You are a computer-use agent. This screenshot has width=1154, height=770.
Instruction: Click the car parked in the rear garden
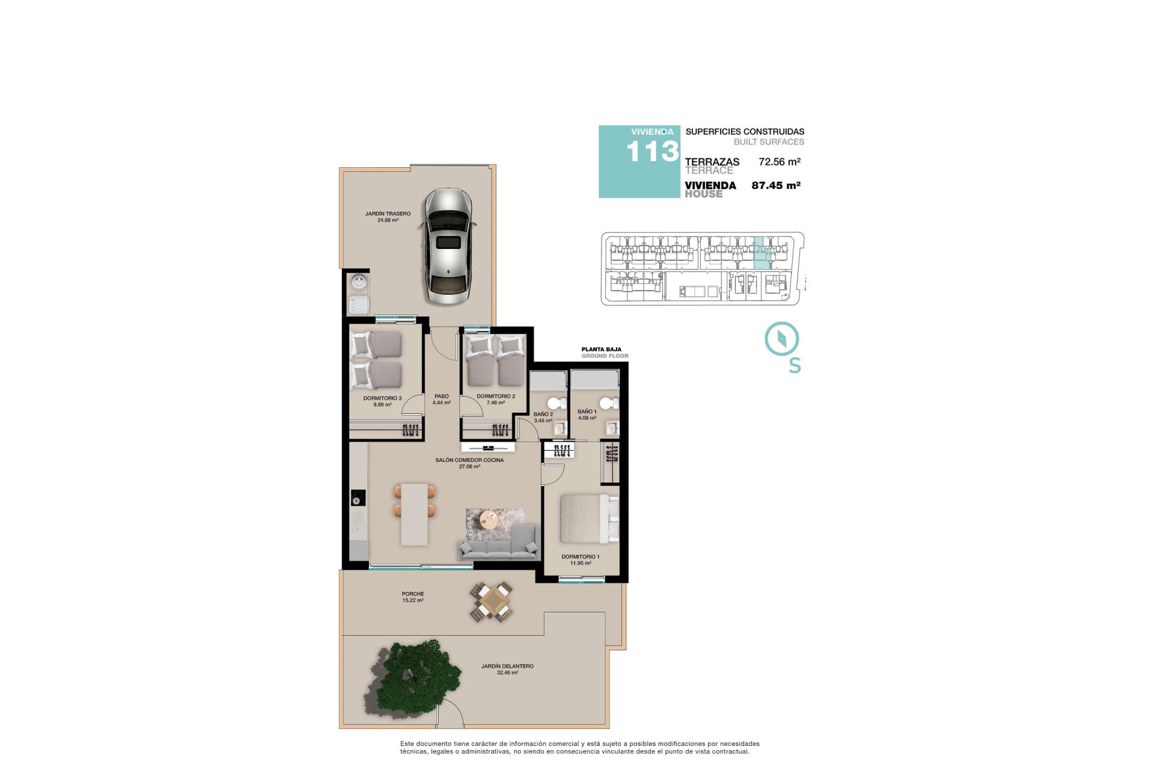tap(448, 247)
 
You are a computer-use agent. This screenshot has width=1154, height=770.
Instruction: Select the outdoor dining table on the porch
tap(492, 602)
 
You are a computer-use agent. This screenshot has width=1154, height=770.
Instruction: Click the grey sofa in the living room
tap(498, 545)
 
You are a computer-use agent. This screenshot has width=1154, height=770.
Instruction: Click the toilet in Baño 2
tap(557, 402)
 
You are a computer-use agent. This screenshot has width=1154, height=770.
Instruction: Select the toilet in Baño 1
tap(608, 402)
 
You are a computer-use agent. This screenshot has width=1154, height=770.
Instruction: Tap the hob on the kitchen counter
tap(358, 498)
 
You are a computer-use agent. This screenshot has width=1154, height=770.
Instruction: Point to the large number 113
tap(652, 152)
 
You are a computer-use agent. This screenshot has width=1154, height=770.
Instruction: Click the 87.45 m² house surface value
tap(775, 186)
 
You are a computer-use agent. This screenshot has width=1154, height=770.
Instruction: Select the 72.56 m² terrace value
tap(779, 162)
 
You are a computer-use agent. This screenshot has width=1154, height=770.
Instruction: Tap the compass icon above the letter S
tap(781, 339)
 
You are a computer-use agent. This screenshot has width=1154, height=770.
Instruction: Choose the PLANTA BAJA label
tap(601, 350)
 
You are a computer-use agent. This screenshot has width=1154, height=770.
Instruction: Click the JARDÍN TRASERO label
tap(388, 214)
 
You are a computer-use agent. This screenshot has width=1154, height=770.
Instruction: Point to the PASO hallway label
tap(441, 396)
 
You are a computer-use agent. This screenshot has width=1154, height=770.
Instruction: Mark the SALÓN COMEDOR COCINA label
tap(469, 460)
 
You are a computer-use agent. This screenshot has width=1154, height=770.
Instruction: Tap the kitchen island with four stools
tap(414, 514)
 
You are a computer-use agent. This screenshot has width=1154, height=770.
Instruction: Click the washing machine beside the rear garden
tap(359, 282)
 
